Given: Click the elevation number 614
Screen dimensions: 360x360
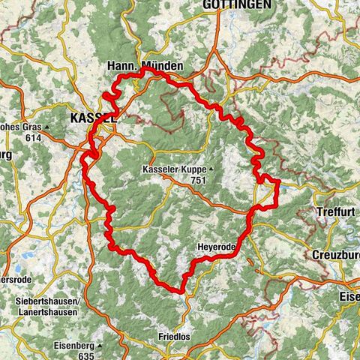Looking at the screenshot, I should tap(31, 138).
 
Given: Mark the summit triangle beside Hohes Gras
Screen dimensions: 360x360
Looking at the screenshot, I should tap(46, 128).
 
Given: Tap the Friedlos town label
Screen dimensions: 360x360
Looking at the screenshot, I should tap(173, 337).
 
